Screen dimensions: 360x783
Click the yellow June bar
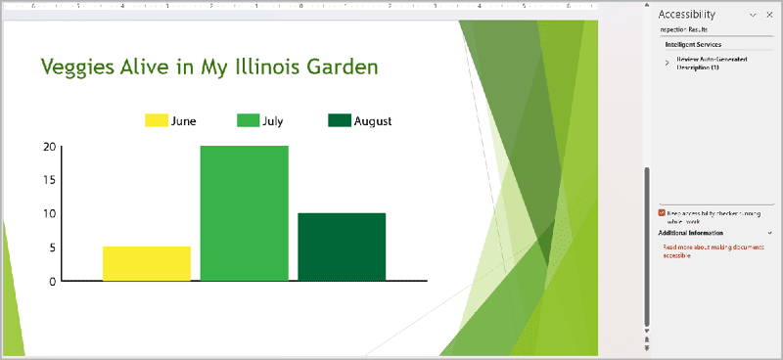(x=146, y=263)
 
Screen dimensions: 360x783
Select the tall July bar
(x=244, y=213)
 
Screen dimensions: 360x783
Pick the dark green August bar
(x=341, y=247)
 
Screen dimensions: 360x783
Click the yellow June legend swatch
(x=157, y=121)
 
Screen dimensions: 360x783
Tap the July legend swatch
(x=248, y=121)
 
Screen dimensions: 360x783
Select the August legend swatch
(x=339, y=121)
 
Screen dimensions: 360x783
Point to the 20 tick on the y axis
(x=49, y=147)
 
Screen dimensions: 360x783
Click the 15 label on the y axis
(x=49, y=180)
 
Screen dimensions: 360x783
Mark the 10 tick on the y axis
(x=49, y=213)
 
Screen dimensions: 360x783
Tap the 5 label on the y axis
(x=52, y=247)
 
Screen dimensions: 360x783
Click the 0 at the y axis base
(x=52, y=281)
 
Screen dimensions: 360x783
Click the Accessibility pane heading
(x=687, y=15)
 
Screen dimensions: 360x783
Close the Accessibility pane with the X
(x=770, y=15)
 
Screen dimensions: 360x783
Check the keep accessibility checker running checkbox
(x=663, y=212)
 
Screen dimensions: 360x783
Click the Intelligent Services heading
(x=693, y=45)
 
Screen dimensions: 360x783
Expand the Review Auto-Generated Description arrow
(x=667, y=63)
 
